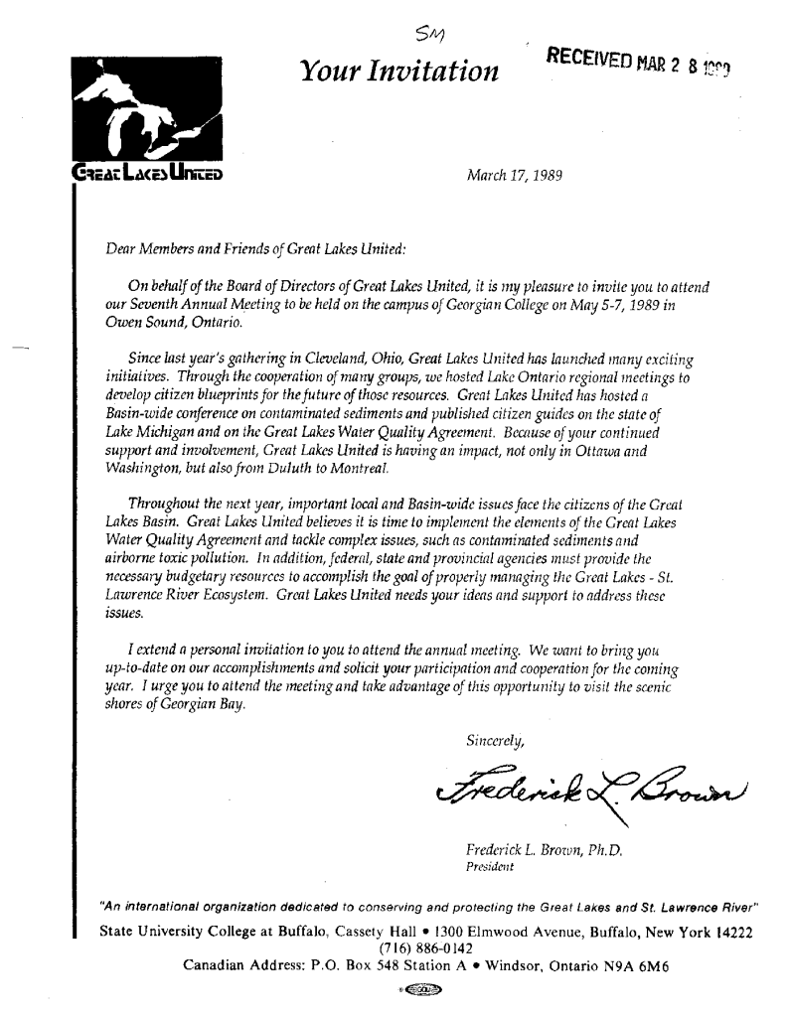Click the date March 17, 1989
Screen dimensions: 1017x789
[x=515, y=176]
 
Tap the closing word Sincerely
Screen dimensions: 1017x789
[x=493, y=738]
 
